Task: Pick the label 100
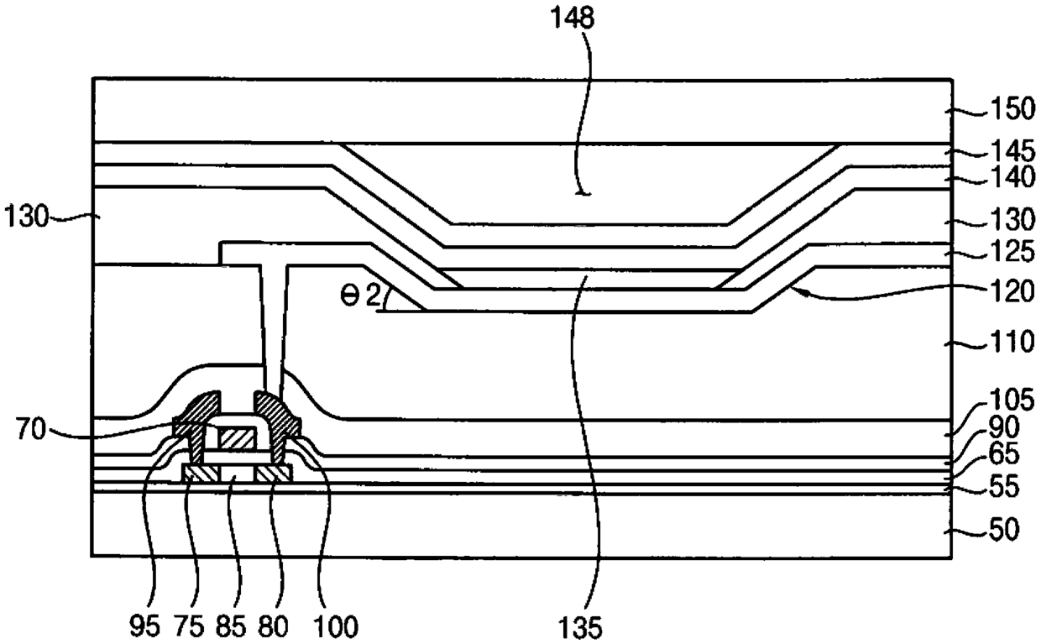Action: (x=337, y=626)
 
